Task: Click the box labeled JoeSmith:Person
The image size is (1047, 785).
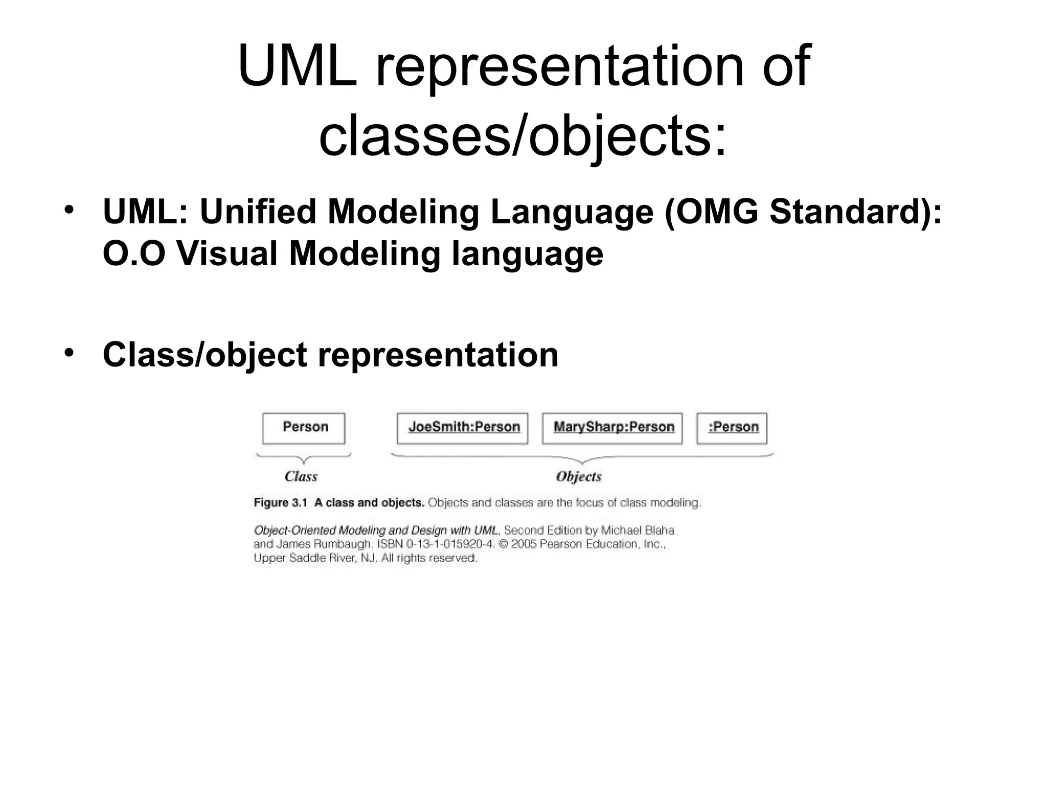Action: pyautogui.click(x=463, y=428)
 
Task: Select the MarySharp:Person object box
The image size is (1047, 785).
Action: pyautogui.click(x=612, y=428)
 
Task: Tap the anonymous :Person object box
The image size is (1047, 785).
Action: pyautogui.click(x=732, y=428)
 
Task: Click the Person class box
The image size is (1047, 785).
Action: pyautogui.click(x=304, y=428)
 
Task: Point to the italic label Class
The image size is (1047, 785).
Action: pyautogui.click(x=301, y=476)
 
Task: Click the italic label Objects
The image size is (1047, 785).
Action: pyautogui.click(x=578, y=476)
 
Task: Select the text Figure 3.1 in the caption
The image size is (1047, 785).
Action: pyautogui.click(x=280, y=502)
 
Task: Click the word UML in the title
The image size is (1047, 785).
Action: pyautogui.click(x=297, y=66)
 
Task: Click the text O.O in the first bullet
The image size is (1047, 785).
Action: pyautogui.click(x=134, y=253)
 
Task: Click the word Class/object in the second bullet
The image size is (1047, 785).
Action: pyautogui.click(x=204, y=354)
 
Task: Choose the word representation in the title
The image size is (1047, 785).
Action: pyautogui.click(x=559, y=66)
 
